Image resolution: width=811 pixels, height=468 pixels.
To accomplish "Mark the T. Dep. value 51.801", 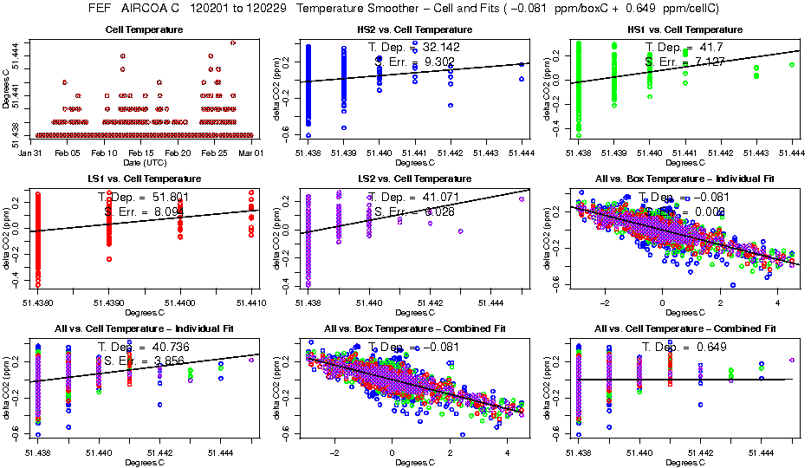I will (x=156, y=197).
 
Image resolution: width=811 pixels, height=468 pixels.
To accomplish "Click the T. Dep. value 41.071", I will (x=425, y=197).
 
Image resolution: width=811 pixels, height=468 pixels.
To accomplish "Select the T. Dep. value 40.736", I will (x=156, y=347).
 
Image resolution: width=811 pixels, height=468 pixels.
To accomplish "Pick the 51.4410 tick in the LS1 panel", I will (x=250, y=303).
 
